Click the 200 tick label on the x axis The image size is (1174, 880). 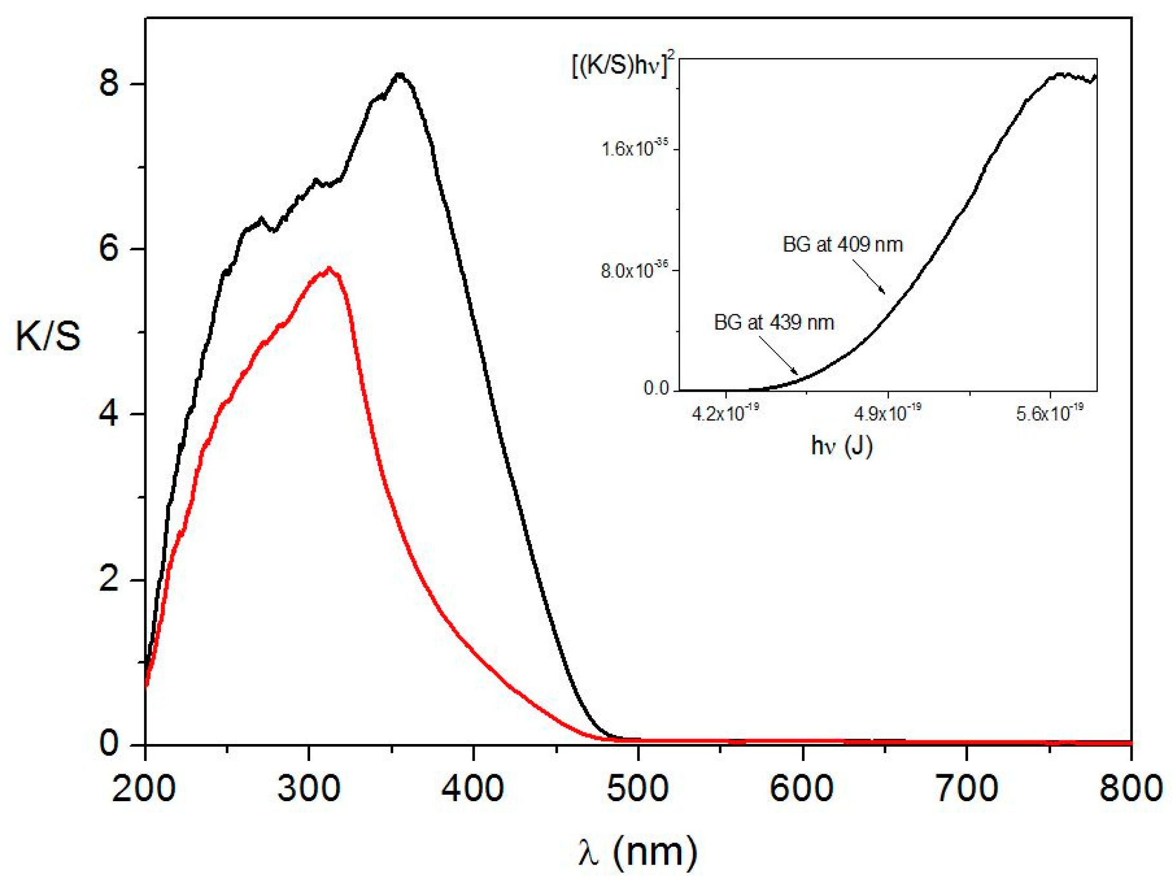(144, 789)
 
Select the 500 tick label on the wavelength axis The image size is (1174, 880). (637, 789)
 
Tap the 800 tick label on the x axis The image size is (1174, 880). (1131, 789)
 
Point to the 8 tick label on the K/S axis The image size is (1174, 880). (109, 84)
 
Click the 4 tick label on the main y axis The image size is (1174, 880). (109, 414)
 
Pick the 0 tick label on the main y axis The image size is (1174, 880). (109, 743)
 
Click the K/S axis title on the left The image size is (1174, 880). (48, 337)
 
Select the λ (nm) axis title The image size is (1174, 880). (637, 852)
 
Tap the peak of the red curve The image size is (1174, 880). (329, 268)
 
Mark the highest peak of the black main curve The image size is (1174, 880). (400, 75)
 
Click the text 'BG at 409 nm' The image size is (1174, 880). (842, 244)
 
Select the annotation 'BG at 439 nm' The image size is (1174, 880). (774, 322)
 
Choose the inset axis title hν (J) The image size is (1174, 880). (842, 446)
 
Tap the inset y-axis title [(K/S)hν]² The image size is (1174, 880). (625, 68)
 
